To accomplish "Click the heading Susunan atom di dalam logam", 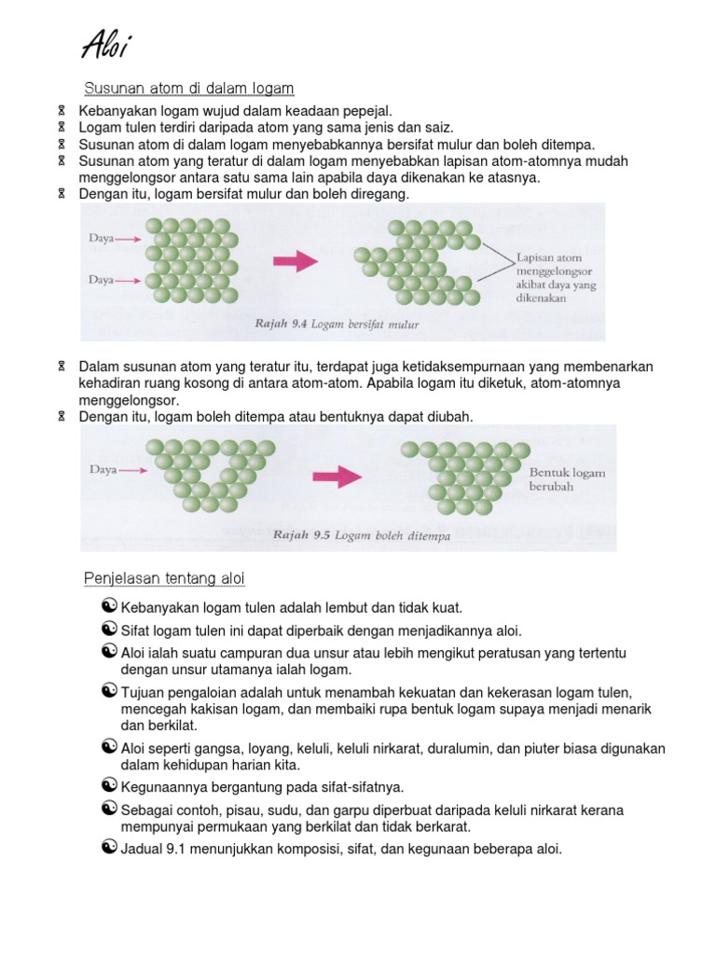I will tap(189, 89).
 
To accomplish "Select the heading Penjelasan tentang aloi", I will tap(164, 580).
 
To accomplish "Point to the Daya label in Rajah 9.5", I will tap(103, 470).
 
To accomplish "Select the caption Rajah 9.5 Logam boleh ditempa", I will tap(361, 535).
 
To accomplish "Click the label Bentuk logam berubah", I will tap(567, 479).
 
